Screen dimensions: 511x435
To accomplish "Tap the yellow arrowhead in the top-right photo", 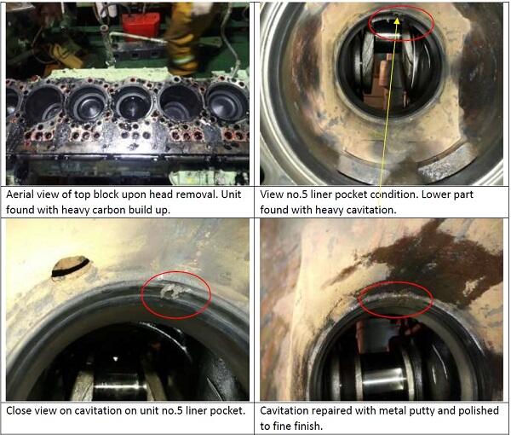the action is coord(397,20).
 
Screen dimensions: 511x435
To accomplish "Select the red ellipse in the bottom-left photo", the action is coord(176,294).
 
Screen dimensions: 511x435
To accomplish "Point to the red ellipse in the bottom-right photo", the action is coord(395,299).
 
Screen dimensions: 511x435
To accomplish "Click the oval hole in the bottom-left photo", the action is coord(71,266).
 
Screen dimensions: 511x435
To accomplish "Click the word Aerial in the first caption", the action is coord(20,194).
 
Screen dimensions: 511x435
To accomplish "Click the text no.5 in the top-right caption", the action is coord(296,194).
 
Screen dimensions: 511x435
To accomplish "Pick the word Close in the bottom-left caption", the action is coord(19,410).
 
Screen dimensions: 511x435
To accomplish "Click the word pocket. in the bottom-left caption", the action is coord(227,410).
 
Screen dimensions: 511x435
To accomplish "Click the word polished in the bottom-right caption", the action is coord(479,410).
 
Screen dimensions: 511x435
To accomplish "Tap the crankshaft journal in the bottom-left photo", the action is coord(120,387).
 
